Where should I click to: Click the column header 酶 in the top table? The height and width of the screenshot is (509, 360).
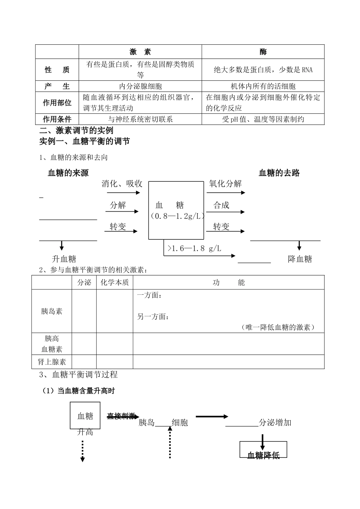click(x=263, y=52)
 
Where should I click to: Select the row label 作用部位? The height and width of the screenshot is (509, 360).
click(x=57, y=103)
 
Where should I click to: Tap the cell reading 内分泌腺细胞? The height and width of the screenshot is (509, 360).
click(x=140, y=86)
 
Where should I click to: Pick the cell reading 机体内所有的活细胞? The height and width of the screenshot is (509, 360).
click(x=263, y=86)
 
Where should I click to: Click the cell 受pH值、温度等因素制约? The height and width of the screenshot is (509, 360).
click(x=263, y=119)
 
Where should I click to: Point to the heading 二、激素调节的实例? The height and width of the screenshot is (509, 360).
click(x=77, y=131)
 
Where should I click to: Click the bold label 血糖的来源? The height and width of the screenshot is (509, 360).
click(x=68, y=173)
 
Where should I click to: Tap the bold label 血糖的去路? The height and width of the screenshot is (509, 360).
click(x=279, y=173)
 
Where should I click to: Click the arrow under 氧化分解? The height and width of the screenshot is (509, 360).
click(x=226, y=193)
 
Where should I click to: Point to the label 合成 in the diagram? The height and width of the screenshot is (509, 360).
click(x=221, y=205)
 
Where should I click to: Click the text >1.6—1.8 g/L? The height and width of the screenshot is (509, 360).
click(x=194, y=249)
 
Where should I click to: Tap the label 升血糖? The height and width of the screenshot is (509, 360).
click(x=64, y=259)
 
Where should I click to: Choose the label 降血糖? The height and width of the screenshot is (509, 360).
click(x=300, y=259)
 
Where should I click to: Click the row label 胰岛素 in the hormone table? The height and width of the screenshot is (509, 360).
click(x=52, y=311)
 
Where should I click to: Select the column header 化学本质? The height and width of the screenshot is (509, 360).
click(x=114, y=283)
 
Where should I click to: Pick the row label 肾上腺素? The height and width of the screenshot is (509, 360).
click(x=52, y=362)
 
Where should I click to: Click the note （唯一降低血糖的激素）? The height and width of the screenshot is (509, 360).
click(x=278, y=327)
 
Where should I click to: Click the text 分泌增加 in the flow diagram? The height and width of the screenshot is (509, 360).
click(x=275, y=423)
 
